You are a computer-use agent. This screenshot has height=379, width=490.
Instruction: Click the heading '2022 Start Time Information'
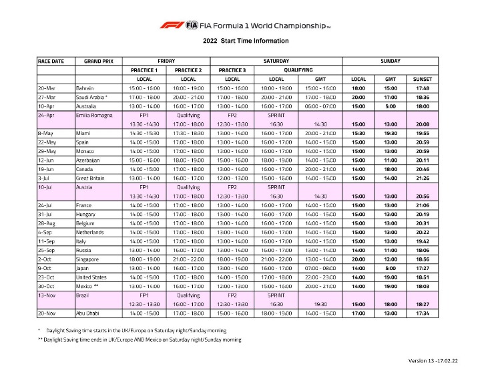245,40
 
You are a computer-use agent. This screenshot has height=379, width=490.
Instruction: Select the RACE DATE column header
51,61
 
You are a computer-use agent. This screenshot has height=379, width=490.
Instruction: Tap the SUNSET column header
422,79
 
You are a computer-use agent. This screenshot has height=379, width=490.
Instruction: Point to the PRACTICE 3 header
232,70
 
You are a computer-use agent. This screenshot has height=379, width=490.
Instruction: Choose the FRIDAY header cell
166,61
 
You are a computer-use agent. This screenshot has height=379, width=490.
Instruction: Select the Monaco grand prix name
86,152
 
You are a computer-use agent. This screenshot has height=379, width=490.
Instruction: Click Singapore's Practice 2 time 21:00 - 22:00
188,259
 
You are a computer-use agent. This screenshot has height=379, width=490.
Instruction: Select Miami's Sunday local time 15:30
358,133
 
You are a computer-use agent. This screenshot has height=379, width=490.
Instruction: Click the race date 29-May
48,152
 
